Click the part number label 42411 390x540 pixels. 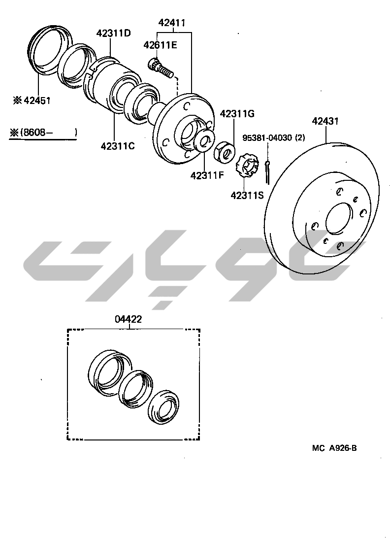point(172,23)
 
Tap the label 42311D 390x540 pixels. point(114,34)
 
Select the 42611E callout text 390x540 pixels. point(161,45)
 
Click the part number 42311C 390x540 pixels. point(118,146)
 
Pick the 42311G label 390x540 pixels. point(237,114)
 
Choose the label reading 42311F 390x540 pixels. point(207,175)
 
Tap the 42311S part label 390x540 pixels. point(247,195)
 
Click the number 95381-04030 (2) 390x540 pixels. point(274,138)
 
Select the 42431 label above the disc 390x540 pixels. point(325,121)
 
